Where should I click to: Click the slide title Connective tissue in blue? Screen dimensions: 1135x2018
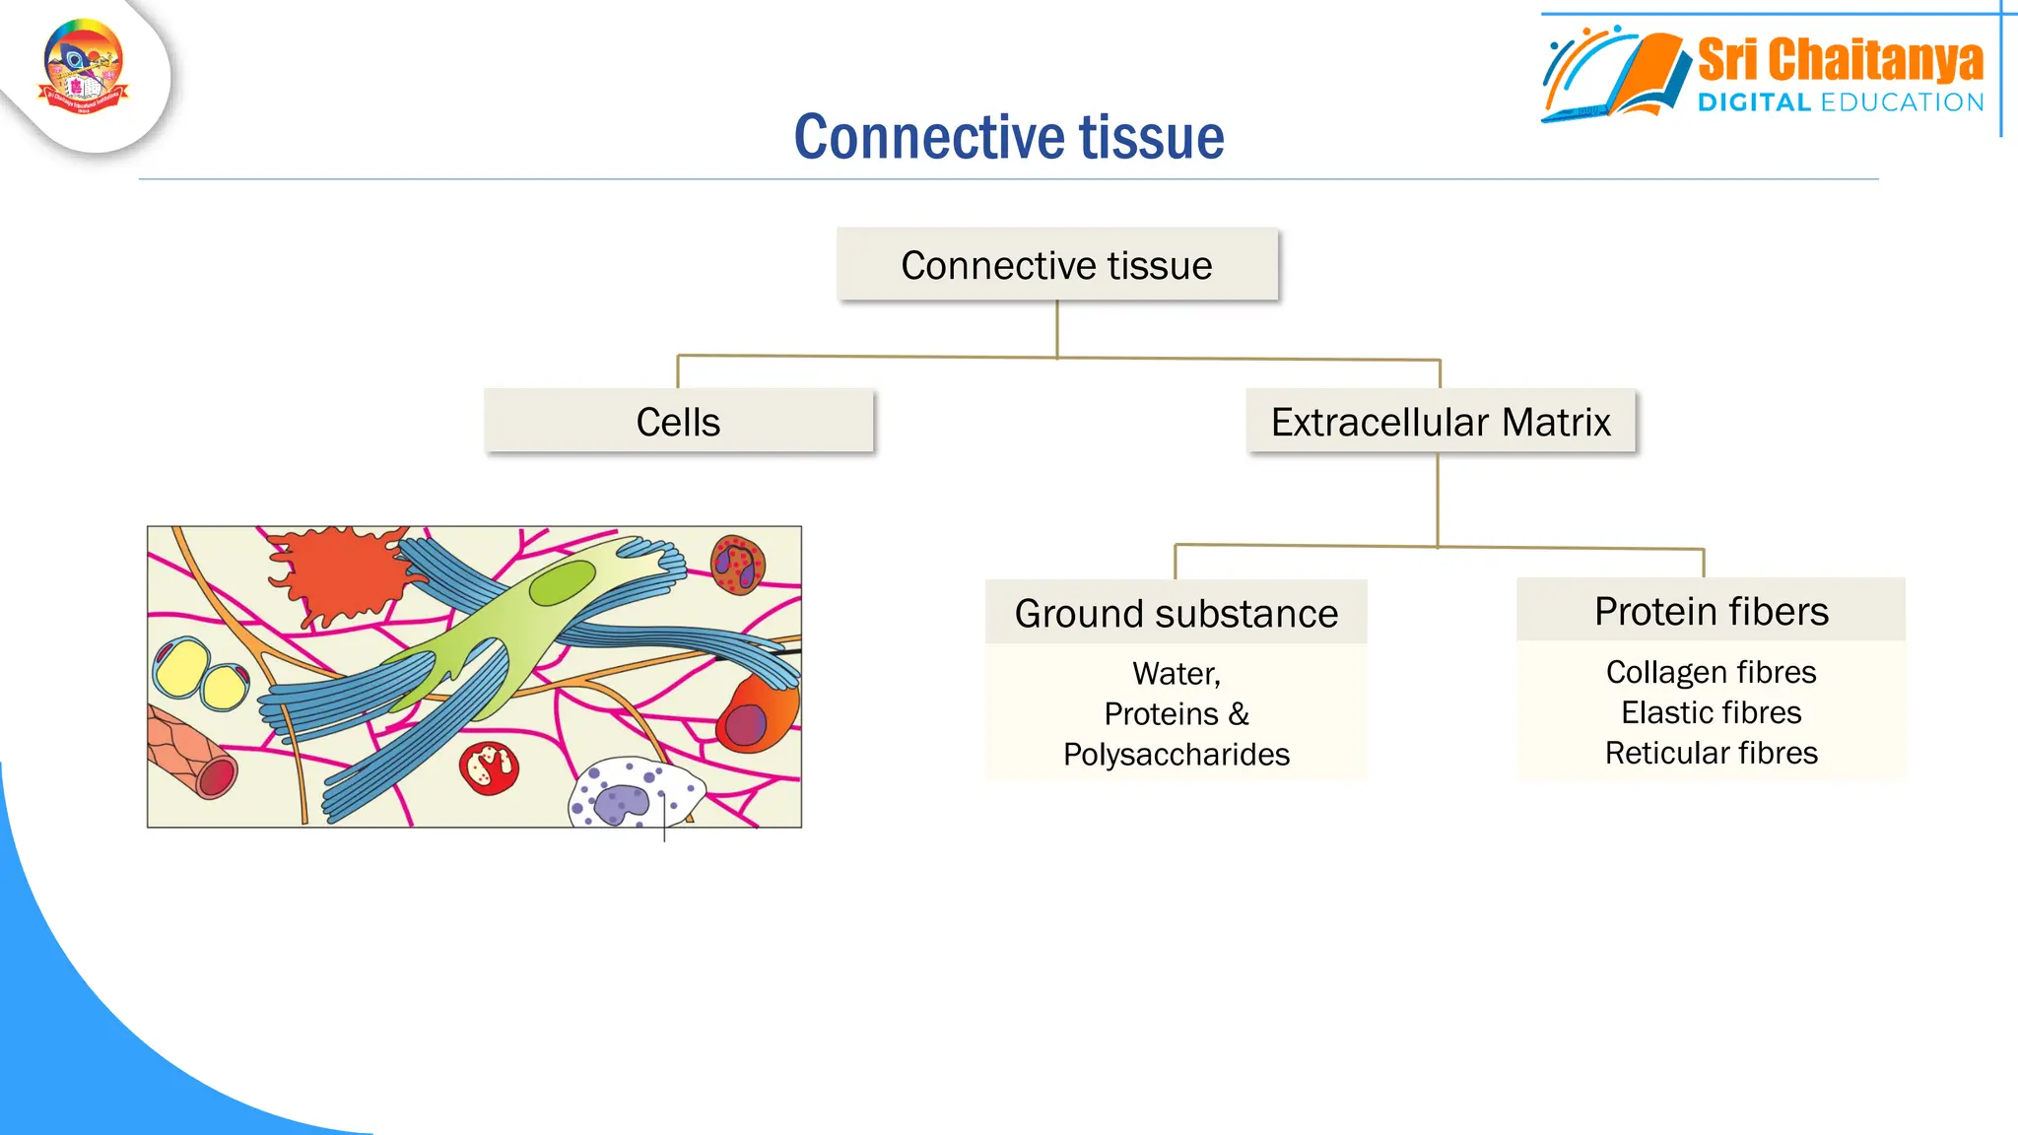pos(1008,137)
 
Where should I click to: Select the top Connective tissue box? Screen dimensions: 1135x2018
pos(1056,265)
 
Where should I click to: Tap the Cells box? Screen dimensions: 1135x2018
pos(678,422)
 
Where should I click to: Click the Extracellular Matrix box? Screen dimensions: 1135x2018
pos(1440,422)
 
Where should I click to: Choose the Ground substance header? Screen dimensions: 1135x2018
pos(1176,613)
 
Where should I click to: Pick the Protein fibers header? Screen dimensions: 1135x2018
pos(1711,611)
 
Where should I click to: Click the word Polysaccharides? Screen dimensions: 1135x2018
pos(1176,754)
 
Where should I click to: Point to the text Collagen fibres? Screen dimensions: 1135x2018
pos(1711,672)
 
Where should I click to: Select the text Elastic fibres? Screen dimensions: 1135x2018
pos(1711,712)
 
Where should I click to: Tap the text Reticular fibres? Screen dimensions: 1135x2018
pos(1711,753)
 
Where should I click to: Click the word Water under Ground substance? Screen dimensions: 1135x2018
pos(1176,674)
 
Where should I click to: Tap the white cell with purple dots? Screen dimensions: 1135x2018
pos(631,794)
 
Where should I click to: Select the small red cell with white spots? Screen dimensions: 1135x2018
pos(489,768)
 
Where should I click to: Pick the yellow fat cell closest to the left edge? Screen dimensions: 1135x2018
pos(180,668)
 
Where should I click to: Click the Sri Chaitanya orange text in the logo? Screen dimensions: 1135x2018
pos(1839,60)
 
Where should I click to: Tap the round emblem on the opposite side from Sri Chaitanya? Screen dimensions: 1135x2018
pos(84,67)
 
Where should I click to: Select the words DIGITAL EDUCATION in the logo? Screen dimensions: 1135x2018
pos(1840,102)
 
